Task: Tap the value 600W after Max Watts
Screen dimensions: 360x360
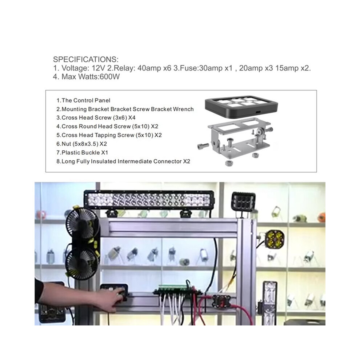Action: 109,77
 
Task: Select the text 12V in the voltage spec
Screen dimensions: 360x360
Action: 98,68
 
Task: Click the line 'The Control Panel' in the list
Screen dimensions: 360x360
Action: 83,100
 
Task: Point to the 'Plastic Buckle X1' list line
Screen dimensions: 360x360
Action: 82,152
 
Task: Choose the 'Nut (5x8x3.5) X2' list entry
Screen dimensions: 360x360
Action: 82,144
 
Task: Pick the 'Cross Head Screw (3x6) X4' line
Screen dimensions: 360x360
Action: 96,117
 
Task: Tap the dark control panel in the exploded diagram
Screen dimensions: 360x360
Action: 241,107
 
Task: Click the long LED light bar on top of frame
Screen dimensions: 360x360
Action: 149,199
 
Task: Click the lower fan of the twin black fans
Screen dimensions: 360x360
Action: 83,262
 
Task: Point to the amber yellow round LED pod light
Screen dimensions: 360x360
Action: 274,240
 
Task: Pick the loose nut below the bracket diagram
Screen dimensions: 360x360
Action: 228,163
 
